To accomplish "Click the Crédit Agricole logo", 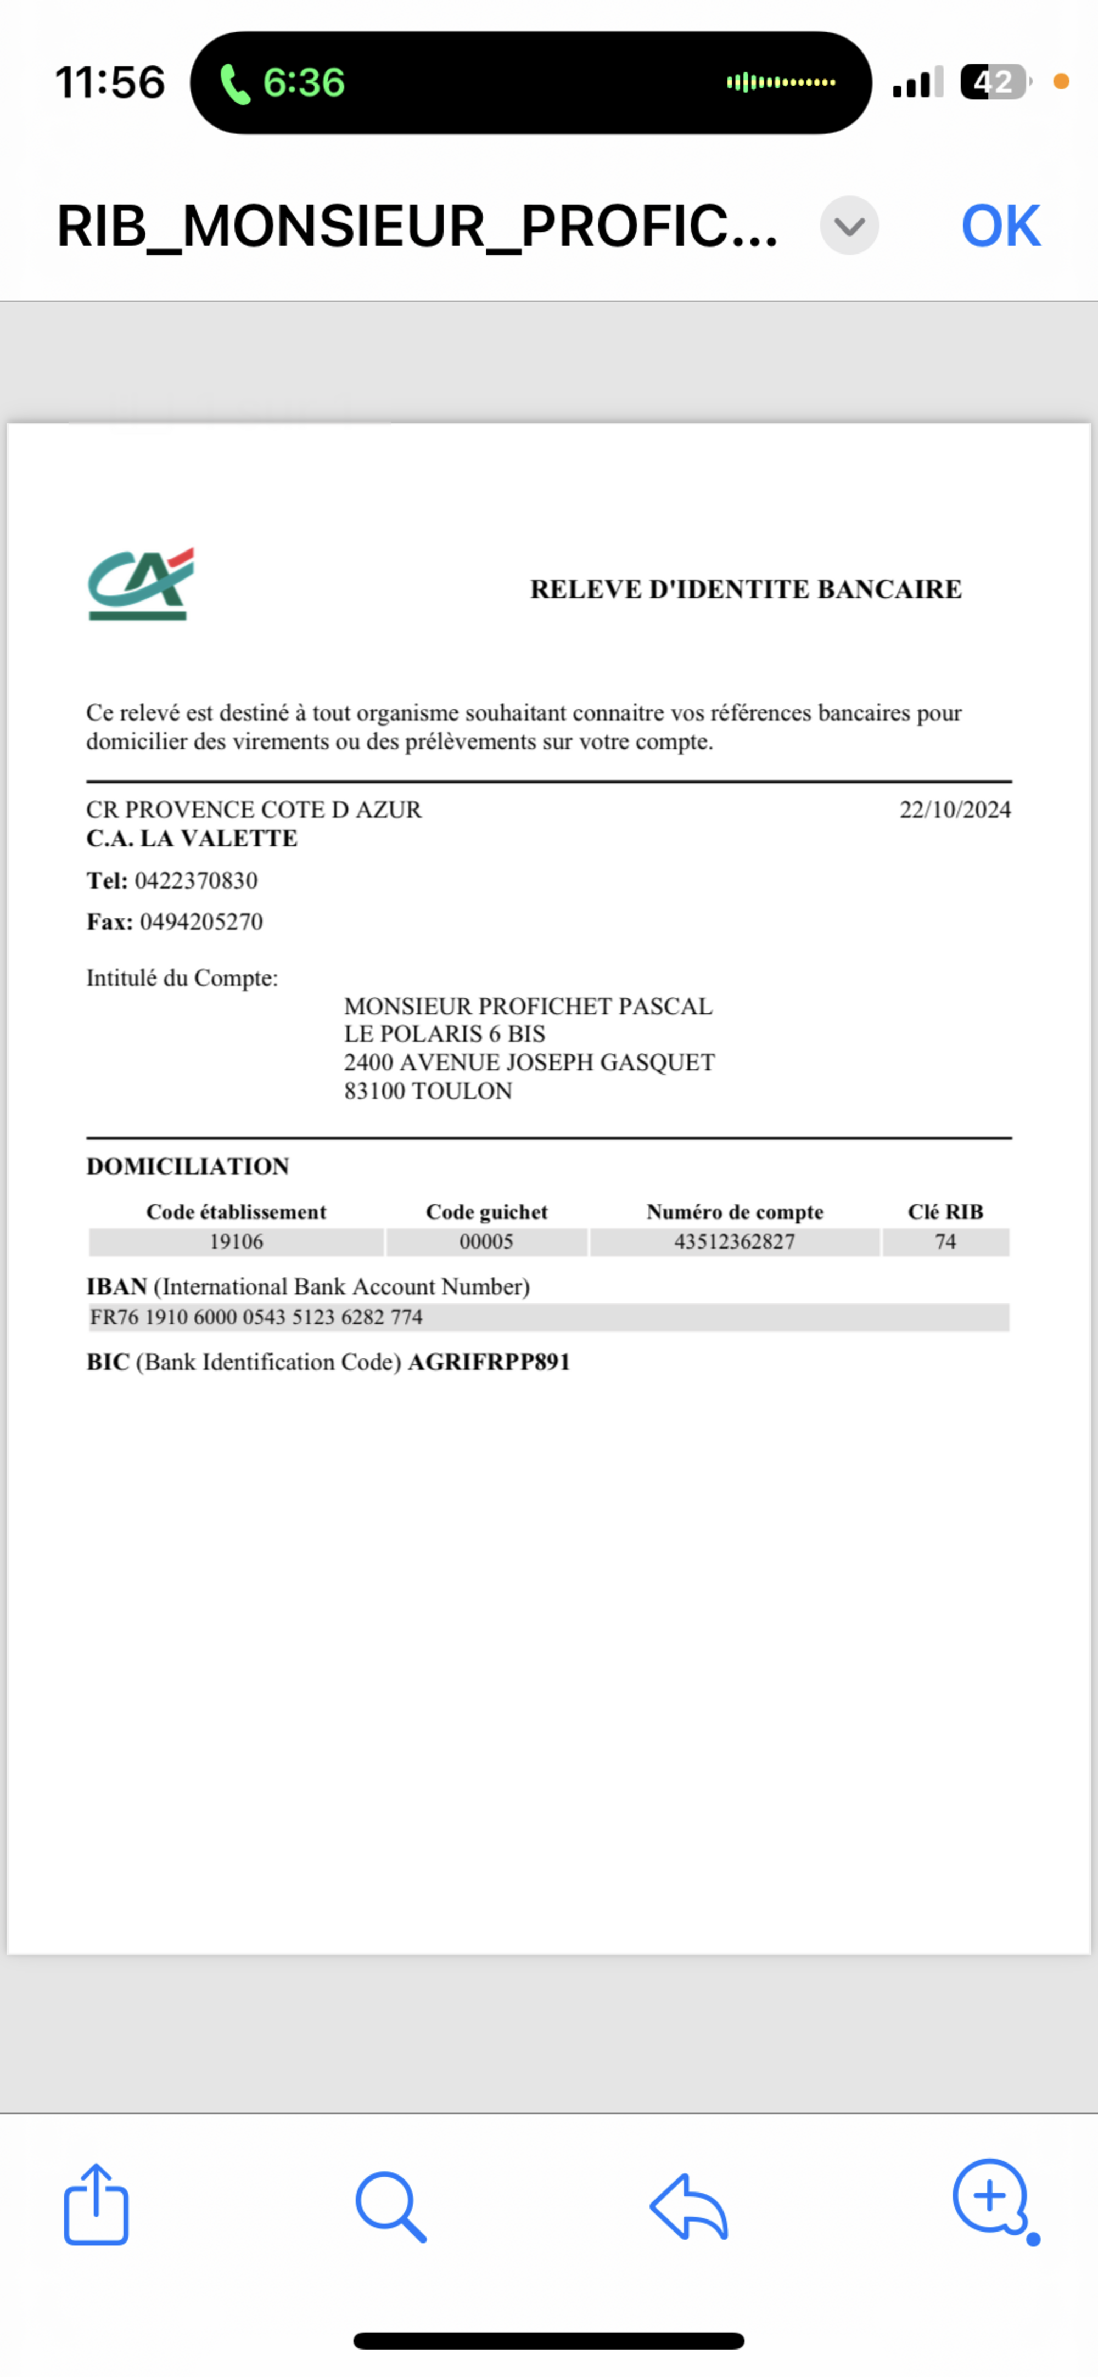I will tap(140, 584).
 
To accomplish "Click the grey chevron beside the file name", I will tap(849, 226).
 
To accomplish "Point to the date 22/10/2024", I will tap(955, 809).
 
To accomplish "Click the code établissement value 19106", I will tap(236, 1242).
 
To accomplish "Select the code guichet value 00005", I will tap(486, 1242).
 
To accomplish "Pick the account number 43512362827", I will tap(735, 1242).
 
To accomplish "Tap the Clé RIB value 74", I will tap(945, 1242).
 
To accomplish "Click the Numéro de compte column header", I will tap(735, 1212).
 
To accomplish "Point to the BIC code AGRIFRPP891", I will tap(489, 1362).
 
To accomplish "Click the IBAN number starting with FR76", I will tap(256, 1317).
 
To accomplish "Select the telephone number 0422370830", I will tap(195, 880).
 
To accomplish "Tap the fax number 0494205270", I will tap(201, 922).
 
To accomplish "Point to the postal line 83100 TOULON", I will tap(428, 1091).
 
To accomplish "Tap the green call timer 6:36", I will tap(302, 83).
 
